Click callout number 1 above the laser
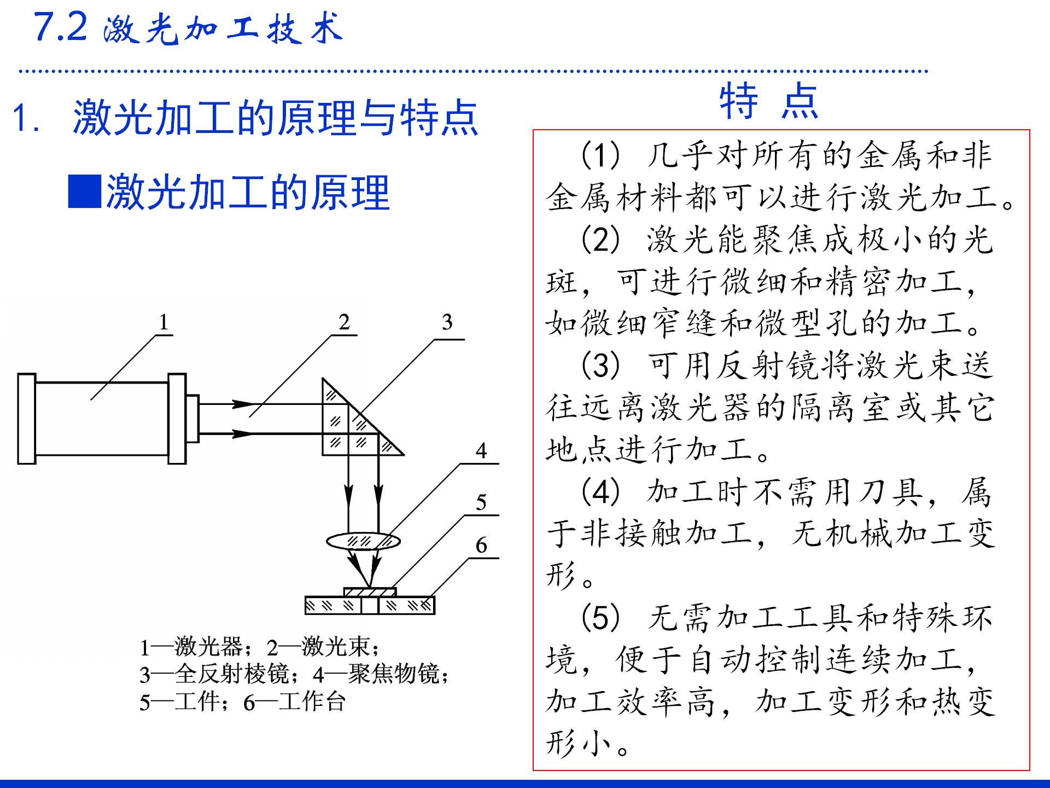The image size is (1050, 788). (163, 322)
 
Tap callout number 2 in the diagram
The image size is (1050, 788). (343, 322)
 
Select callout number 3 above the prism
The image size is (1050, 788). (447, 322)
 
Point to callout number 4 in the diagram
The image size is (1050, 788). (481, 451)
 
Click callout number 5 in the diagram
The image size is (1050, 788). (481, 502)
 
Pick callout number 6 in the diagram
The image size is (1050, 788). (481, 545)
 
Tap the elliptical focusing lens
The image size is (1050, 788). (363, 542)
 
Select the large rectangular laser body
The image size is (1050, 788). (102, 419)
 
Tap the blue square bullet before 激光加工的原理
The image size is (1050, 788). (84, 192)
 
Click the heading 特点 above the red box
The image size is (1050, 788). (768, 102)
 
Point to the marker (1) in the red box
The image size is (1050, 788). (600, 155)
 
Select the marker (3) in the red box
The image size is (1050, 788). (600, 366)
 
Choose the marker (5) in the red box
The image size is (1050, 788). (600, 618)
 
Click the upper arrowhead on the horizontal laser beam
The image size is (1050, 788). (242, 404)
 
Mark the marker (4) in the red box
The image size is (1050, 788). (600, 492)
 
